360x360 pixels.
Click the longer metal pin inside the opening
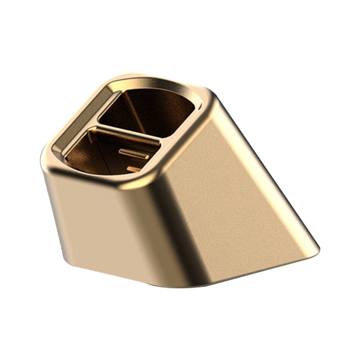tap(134, 154)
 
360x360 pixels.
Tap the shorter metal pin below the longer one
tap(134, 169)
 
